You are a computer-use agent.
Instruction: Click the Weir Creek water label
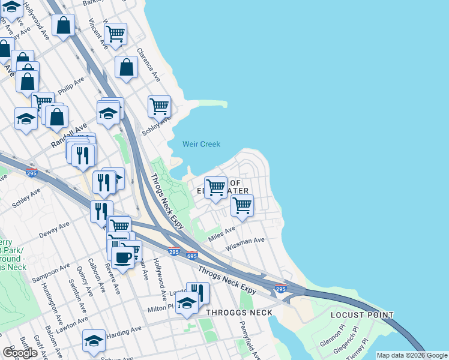[x=201, y=144]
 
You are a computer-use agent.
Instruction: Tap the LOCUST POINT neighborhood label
[x=362, y=315]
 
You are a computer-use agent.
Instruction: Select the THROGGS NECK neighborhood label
[x=240, y=313]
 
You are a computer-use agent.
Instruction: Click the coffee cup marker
[x=123, y=257]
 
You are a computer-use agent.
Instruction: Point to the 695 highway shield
[x=192, y=255]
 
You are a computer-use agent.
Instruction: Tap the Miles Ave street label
[x=221, y=233]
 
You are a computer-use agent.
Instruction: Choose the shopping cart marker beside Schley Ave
[x=159, y=107]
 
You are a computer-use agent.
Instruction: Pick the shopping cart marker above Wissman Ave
[x=242, y=205]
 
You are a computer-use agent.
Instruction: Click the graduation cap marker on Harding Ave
[x=94, y=340]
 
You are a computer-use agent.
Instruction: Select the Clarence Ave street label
[x=148, y=65]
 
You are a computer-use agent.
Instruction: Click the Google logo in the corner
[x=20, y=353]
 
